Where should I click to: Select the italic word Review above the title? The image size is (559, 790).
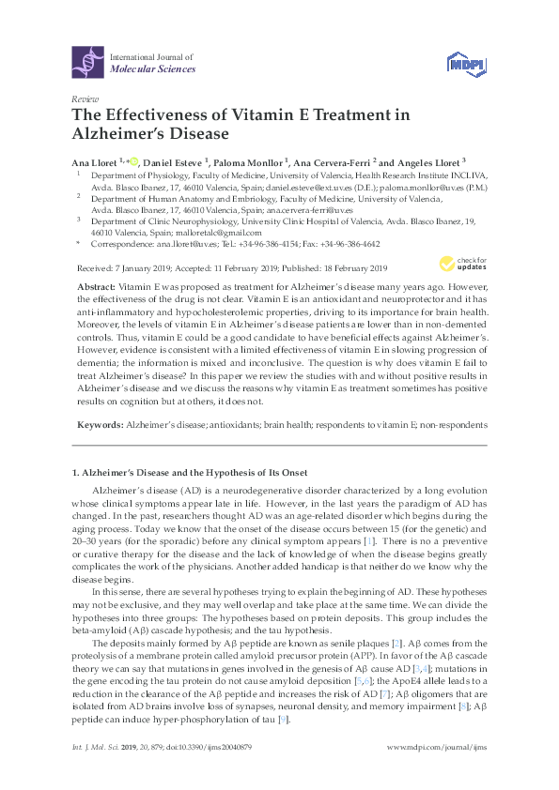click(84, 99)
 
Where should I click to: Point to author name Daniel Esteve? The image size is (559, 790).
click(176, 160)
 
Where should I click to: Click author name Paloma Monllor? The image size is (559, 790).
click(253, 160)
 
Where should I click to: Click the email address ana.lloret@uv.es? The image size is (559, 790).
click(179, 243)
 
